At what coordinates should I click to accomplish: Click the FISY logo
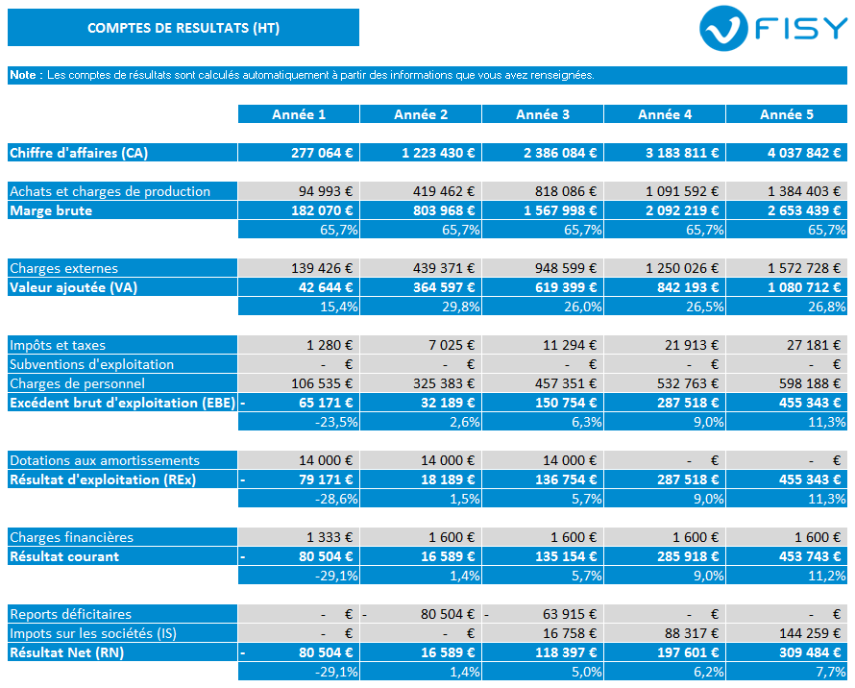click(773, 29)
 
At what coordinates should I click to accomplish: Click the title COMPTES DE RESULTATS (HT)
click(183, 28)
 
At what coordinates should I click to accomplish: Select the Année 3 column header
click(543, 114)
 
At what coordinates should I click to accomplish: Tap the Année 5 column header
click(787, 114)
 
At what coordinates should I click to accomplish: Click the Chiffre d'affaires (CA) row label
click(79, 153)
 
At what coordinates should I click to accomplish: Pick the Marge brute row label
click(51, 210)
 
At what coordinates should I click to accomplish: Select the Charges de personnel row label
click(78, 383)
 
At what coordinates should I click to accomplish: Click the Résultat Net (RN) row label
click(66, 652)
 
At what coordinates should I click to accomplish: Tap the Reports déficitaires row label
click(70, 614)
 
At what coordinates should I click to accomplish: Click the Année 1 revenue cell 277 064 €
click(322, 153)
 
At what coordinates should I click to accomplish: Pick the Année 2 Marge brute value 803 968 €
click(444, 210)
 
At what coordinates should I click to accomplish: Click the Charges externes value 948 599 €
click(566, 268)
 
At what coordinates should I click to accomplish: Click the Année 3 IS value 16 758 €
click(570, 633)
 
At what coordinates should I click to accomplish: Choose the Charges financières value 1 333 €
click(330, 537)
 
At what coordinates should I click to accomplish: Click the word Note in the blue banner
click(25, 75)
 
